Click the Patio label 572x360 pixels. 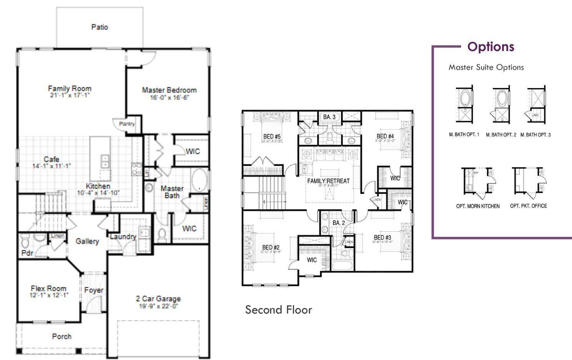point(100,27)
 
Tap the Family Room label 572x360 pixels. point(70,88)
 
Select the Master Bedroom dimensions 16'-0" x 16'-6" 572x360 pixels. point(169,98)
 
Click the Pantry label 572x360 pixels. point(127,124)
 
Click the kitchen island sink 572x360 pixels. point(105,161)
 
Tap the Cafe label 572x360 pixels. point(52,159)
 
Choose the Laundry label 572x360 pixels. point(123,237)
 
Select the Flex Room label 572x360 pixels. point(48,288)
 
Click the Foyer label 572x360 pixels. point(93,290)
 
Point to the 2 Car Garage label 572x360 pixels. point(158,299)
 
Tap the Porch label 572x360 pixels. point(62,337)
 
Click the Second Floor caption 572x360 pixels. point(278,310)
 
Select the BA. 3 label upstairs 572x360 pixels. point(329,117)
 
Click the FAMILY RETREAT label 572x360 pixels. point(328,181)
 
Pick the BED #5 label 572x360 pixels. point(272,137)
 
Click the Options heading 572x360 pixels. point(491,47)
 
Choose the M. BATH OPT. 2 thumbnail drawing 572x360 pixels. point(501,105)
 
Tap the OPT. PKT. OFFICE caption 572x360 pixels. point(528,206)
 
